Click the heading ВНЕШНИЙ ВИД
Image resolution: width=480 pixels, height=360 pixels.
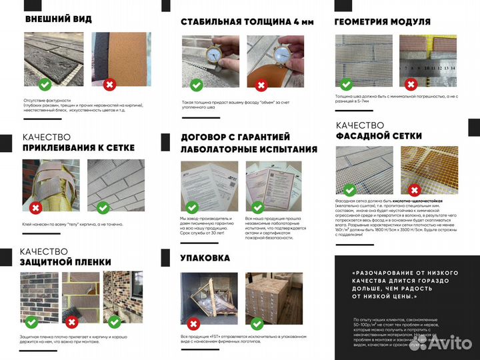(58, 19)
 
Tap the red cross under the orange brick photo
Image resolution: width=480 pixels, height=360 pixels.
(109, 84)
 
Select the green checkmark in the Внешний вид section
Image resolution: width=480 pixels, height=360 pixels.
(44, 84)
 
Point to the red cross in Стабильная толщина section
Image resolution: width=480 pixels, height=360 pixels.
(261, 85)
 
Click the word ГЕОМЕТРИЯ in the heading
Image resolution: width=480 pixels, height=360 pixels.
(365, 21)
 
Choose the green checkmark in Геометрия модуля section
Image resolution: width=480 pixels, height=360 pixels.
(345, 84)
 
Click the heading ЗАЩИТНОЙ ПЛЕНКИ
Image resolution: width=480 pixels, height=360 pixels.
(66, 262)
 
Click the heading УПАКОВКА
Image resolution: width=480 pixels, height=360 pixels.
(205, 257)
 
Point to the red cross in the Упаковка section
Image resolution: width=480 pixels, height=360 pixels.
(195, 324)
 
